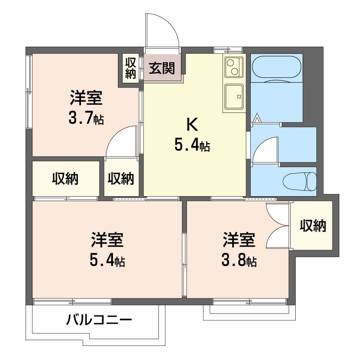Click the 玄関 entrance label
point(162,68)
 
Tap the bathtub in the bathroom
point(276,68)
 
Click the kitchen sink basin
point(234,96)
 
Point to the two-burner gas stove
point(234,67)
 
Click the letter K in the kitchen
point(192,125)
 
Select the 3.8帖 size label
point(239,261)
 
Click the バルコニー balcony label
point(99,320)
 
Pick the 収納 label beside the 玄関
point(130,68)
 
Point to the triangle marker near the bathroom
point(257,118)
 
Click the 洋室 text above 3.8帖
point(239,240)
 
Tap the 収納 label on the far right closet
point(313,225)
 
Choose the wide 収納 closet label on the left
point(65,178)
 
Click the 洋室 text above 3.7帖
point(86,98)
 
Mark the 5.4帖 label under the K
point(192,145)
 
